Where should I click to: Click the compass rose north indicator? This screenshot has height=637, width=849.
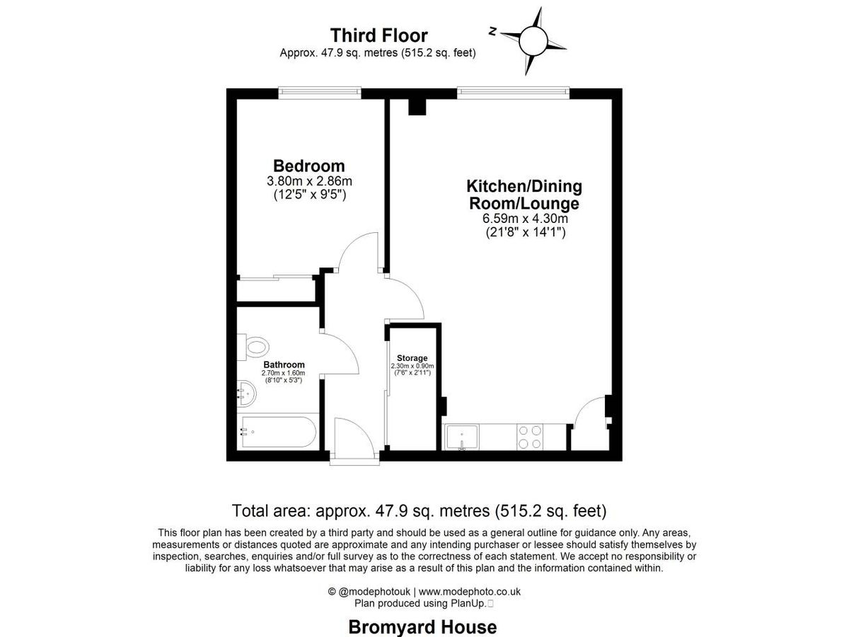pyautogui.click(x=493, y=31)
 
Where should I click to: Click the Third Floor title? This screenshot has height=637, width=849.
pyautogui.click(x=379, y=35)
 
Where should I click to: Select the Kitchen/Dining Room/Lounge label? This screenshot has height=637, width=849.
pyautogui.click(x=524, y=195)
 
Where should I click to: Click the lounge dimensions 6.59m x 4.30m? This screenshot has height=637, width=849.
pyautogui.click(x=524, y=218)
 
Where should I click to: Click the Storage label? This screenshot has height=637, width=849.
pyautogui.click(x=412, y=358)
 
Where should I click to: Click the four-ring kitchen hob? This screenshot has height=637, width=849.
pyautogui.click(x=530, y=436)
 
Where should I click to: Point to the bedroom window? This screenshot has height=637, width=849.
pyautogui.click(x=320, y=93)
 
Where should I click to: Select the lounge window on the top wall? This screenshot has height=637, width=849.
pyautogui.click(x=513, y=93)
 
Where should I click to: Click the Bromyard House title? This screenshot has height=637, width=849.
pyautogui.click(x=422, y=626)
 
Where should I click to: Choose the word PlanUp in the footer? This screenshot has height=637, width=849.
pyautogui.click(x=468, y=603)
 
